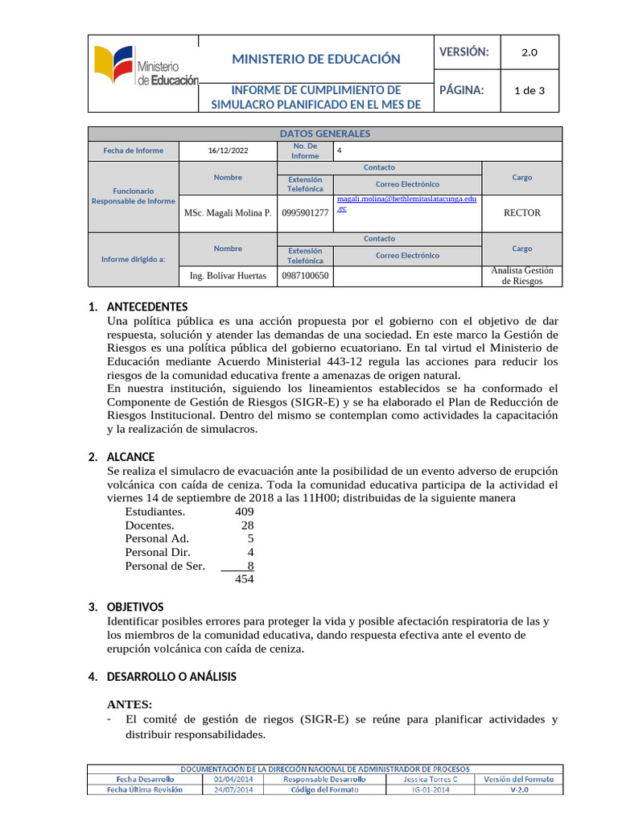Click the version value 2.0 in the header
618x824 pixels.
[529, 52]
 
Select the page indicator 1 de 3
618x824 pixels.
[529, 90]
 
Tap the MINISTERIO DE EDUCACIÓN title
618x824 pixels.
[315, 59]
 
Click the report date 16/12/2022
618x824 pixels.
[229, 150]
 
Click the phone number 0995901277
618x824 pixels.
[305, 213]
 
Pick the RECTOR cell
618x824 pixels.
[521, 213]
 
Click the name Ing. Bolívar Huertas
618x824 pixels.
[228, 275]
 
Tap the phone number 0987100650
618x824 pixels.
[305, 275]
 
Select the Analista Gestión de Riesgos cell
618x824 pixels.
[521, 275]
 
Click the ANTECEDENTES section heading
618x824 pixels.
[147, 307]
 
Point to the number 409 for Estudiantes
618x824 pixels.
[244, 512]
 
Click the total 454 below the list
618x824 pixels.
[244, 579]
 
